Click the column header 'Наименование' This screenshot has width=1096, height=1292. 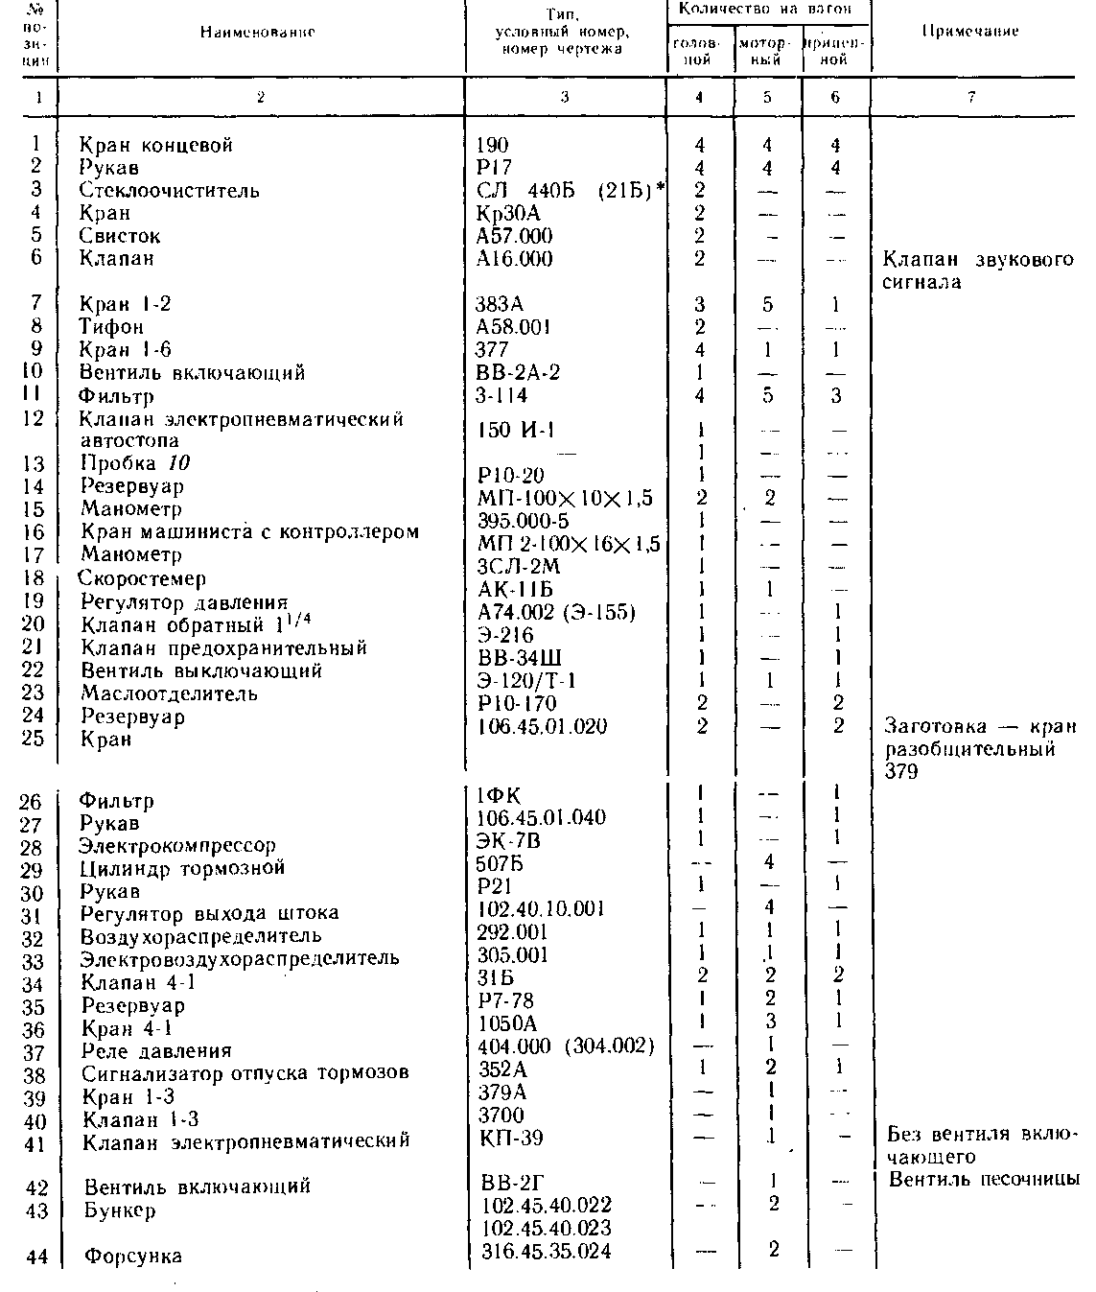pyautogui.click(x=258, y=32)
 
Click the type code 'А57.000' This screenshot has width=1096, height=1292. pyautogui.click(x=514, y=236)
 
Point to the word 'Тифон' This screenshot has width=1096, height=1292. pyautogui.click(x=112, y=327)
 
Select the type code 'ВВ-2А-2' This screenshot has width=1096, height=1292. pyautogui.click(x=518, y=372)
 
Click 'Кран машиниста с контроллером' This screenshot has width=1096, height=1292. pyautogui.click(x=249, y=532)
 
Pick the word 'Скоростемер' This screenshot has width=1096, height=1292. pyautogui.click(x=143, y=578)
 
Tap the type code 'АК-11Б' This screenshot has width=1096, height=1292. pyautogui.click(x=515, y=589)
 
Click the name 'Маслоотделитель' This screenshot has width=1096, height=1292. pyautogui.click(x=169, y=693)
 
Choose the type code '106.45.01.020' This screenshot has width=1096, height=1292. pyautogui.click(x=541, y=726)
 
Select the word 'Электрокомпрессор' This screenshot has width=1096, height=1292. pyautogui.click(x=178, y=846)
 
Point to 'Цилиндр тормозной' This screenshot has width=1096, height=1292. pyautogui.click(x=182, y=868)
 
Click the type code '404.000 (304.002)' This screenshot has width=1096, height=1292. pyautogui.click(x=566, y=1046)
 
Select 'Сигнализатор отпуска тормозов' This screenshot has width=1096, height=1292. pyautogui.click(x=245, y=1072)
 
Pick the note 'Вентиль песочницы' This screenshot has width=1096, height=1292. pyautogui.click(x=984, y=1180)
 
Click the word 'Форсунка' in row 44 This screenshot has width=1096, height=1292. pyautogui.click(x=132, y=1256)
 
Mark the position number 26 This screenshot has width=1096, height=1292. pyautogui.click(x=31, y=801)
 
